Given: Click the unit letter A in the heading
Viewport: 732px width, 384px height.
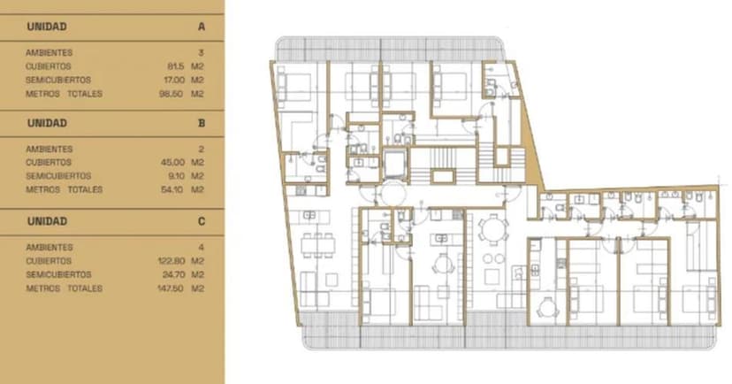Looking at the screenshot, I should [x=202, y=27].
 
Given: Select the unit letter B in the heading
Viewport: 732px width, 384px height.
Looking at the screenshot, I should [x=202, y=124].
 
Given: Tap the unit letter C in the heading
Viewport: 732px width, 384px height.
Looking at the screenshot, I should [x=202, y=221].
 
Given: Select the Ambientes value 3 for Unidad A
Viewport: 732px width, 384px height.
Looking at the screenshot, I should [x=202, y=53].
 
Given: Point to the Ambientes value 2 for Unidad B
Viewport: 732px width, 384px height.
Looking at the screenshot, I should [x=202, y=150].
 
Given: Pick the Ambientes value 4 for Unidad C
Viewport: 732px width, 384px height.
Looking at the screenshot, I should [x=202, y=248].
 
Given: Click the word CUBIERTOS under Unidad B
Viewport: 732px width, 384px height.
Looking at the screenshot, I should [x=49, y=163].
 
